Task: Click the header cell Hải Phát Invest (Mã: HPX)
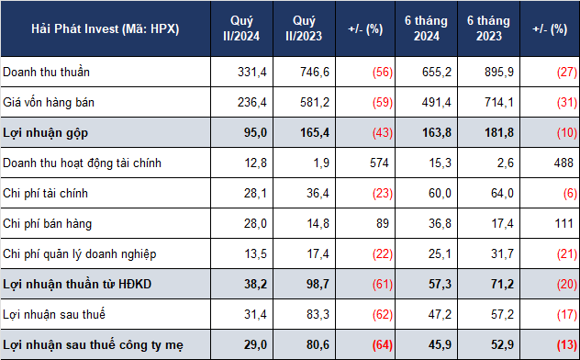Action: point(106,28)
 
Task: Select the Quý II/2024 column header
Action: point(241,28)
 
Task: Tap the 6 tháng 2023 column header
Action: point(488,28)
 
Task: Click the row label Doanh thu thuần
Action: point(46,72)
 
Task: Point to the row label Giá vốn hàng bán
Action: point(49,102)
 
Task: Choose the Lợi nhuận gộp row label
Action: point(46,133)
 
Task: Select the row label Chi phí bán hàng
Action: point(48,224)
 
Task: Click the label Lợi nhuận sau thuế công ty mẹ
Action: point(94,345)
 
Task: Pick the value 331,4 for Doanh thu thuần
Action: point(251,73)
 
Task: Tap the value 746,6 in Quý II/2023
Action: point(315,73)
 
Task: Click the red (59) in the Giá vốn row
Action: point(383,103)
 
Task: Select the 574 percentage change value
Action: point(379,163)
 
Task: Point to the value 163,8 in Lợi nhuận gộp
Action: point(437,133)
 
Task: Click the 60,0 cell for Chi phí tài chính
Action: point(440,194)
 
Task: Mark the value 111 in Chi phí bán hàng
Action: point(563,224)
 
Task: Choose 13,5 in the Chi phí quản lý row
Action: point(255,254)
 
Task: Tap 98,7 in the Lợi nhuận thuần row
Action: point(318,285)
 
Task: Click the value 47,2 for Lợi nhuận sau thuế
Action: point(440,315)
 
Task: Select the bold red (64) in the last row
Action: point(383,345)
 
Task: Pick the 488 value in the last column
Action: point(563,163)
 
